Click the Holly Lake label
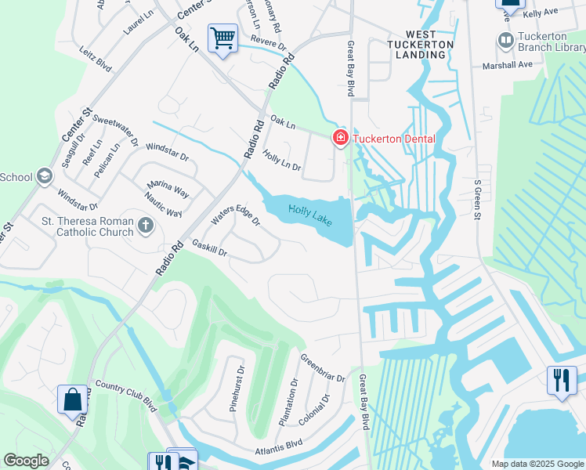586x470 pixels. click(310, 211)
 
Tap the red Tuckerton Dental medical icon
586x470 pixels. click(340, 139)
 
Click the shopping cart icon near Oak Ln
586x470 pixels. click(222, 37)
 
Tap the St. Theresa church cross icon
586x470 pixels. click(145, 227)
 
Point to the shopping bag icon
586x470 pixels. click(72, 399)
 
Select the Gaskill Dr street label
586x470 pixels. click(209, 248)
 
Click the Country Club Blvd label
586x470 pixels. click(126, 396)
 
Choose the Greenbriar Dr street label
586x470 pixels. click(323, 367)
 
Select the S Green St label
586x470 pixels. click(476, 199)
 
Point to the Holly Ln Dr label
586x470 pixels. click(281, 161)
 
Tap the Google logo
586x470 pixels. click(26, 461)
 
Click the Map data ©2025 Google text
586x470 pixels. click(537, 464)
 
